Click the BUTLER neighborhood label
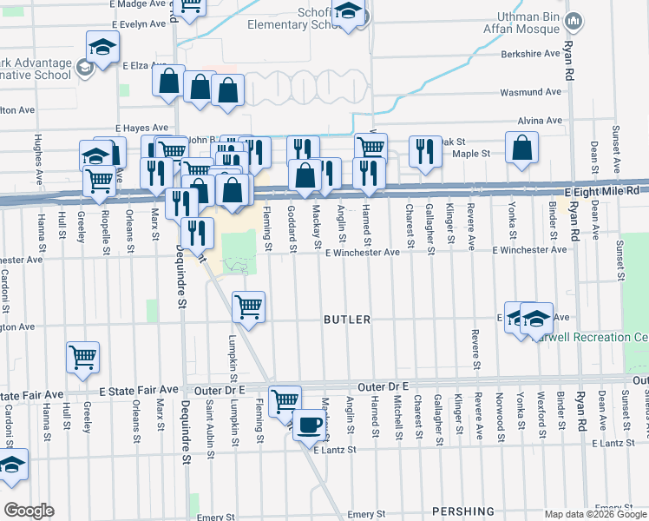pyautogui.click(x=347, y=320)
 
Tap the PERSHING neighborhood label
pyautogui.click(x=467, y=511)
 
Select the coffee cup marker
pyautogui.click(x=309, y=425)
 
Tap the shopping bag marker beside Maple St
pyautogui.click(x=522, y=149)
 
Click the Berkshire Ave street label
pyautogui.click(x=530, y=54)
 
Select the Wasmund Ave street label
pyautogui.click(x=527, y=92)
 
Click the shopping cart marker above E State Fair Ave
pyautogui.click(x=82, y=357)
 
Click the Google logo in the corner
pyautogui.click(x=29, y=511)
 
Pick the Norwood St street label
pyautogui.click(x=501, y=412)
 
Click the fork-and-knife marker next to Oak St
pyautogui.click(x=424, y=153)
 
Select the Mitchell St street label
pyautogui.click(x=397, y=416)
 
